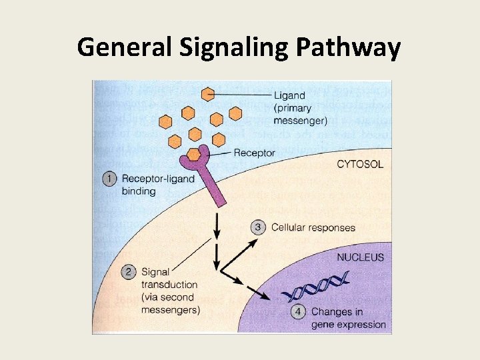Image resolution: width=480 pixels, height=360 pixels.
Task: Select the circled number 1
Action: coord(111,178)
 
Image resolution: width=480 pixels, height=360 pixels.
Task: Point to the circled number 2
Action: coord(129,272)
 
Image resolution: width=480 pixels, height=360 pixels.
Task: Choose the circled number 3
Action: coord(259,227)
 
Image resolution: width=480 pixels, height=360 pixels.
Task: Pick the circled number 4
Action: coord(299,311)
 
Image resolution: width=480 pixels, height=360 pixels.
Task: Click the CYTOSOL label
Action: coord(359,165)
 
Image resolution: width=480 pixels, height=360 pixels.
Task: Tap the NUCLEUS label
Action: coord(360,257)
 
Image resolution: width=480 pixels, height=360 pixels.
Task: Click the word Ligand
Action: coord(289,95)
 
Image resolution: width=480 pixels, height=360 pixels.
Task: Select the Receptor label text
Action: coord(254,153)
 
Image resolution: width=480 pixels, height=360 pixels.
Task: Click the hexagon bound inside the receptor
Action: coord(194,155)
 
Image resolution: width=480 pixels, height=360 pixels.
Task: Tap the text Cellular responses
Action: coord(313,227)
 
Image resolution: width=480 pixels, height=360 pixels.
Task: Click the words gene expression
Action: coord(349,325)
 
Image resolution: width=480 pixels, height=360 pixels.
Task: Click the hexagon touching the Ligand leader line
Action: coord(209,94)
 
